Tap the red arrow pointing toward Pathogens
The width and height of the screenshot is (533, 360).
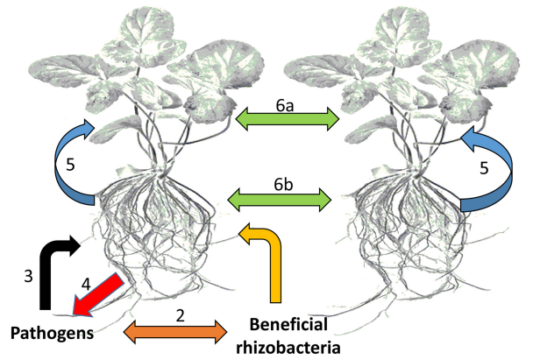[97, 295]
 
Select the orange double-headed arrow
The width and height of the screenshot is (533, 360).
[175, 332]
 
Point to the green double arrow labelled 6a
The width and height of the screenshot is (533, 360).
[288, 119]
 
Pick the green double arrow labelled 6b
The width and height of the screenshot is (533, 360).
[280, 200]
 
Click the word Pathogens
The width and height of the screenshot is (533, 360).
[52, 333]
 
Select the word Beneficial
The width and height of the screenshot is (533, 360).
[288, 324]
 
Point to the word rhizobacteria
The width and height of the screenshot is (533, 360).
[288, 347]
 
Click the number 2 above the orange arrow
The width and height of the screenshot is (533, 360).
[181, 316]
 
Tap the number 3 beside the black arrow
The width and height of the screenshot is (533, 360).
[29, 276]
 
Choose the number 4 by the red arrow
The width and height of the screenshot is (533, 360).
[86, 285]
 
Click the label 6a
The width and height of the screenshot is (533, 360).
[285, 106]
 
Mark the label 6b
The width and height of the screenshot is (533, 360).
[283, 185]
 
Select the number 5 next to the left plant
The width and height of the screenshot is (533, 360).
[70, 165]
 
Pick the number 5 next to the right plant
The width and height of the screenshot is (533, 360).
[484, 168]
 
